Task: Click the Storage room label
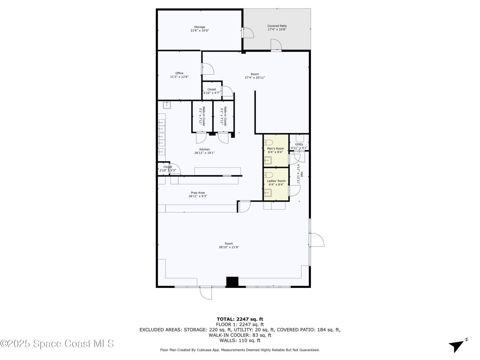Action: (199, 27)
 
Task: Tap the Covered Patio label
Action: (277, 26)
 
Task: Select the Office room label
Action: (179, 73)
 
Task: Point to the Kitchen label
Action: (204, 149)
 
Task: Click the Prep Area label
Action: (198, 193)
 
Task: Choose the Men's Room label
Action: (275, 148)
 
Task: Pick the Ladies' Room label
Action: (276, 181)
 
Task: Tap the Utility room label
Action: (299, 144)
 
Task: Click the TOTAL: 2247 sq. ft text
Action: (240, 319)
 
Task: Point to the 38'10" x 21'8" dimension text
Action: (229, 247)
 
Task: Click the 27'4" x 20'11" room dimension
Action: (255, 78)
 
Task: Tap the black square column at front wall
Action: (232, 282)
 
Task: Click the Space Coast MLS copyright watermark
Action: (57, 343)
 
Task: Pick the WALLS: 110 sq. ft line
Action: (240, 340)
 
